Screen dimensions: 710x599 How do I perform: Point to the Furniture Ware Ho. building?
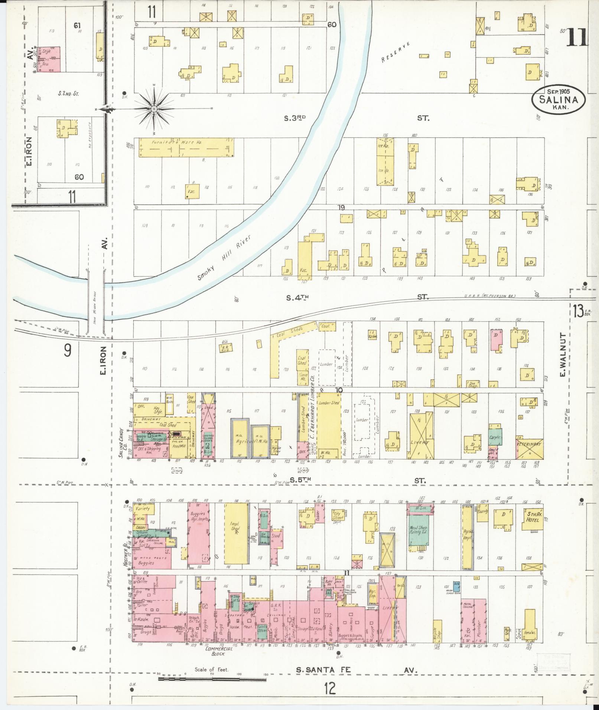(186, 148)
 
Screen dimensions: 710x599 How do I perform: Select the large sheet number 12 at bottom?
(329, 689)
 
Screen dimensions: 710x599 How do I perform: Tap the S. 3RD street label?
(294, 118)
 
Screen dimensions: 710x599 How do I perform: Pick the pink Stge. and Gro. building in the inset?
(49, 59)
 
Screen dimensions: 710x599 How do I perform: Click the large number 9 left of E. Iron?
(67, 350)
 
